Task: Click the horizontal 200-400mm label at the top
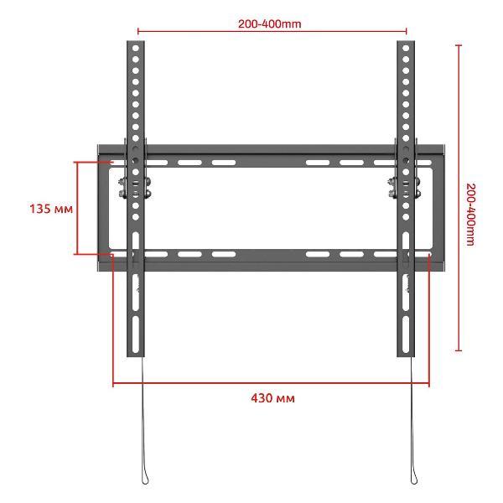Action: click(x=269, y=23)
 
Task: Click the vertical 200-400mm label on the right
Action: click(x=470, y=215)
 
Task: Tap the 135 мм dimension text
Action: click(x=51, y=209)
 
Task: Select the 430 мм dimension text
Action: click(x=272, y=398)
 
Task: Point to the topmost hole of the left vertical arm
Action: click(x=135, y=48)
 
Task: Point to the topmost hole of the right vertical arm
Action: click(x=406, y=48)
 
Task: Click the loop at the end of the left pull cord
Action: click(x=145, y=479)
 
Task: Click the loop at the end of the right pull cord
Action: click(x=414, y=479)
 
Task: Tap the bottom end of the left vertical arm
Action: click(x=135, y=356)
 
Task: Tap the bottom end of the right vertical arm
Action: click(x=406, y=356)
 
